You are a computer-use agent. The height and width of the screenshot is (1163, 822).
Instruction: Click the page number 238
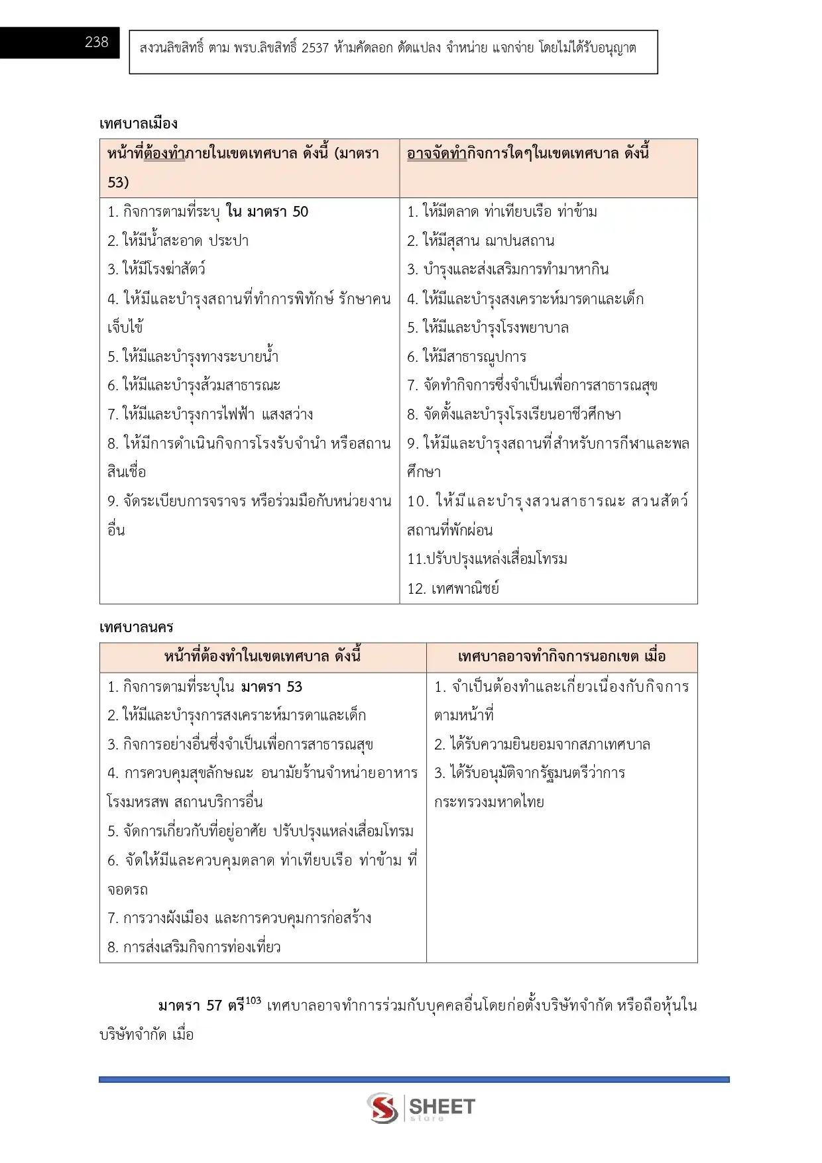coord(96,42)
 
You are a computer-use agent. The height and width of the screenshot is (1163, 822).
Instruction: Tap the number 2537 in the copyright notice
coord(315,48)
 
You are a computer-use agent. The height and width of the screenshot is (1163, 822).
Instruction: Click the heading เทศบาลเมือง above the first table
coord(139,124)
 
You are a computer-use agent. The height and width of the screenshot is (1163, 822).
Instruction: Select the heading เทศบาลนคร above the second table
coord(137,627)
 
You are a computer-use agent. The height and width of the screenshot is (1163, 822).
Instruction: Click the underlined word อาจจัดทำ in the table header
coord(436,154)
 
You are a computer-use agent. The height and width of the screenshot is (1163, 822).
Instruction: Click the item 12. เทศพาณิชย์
coord(453,588)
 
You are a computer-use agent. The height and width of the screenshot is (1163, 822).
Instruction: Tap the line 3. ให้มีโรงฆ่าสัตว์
coord(156,270)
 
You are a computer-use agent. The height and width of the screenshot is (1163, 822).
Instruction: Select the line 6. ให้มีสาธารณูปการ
coord(466,357)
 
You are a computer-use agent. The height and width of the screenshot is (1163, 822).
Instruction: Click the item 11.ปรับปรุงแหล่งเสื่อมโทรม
coord(487,559)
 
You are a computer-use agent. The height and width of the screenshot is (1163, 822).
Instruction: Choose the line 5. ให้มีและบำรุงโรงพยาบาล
coord(487,328)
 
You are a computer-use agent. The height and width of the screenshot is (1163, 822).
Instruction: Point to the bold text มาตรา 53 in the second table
coord(271,687)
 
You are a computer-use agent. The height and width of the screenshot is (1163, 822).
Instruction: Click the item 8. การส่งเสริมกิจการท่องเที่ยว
coord(194,948)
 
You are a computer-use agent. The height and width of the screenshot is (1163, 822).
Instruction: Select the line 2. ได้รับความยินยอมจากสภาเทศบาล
coord(542,745)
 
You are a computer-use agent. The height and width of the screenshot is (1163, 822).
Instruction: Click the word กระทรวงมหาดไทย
coord(489,803)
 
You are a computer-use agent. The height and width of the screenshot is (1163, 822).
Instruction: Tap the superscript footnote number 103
coord(253,1001)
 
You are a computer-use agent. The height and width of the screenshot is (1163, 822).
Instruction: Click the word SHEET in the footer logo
coord(442,1106)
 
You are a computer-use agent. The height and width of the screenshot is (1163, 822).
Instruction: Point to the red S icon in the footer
coord(383,1108)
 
